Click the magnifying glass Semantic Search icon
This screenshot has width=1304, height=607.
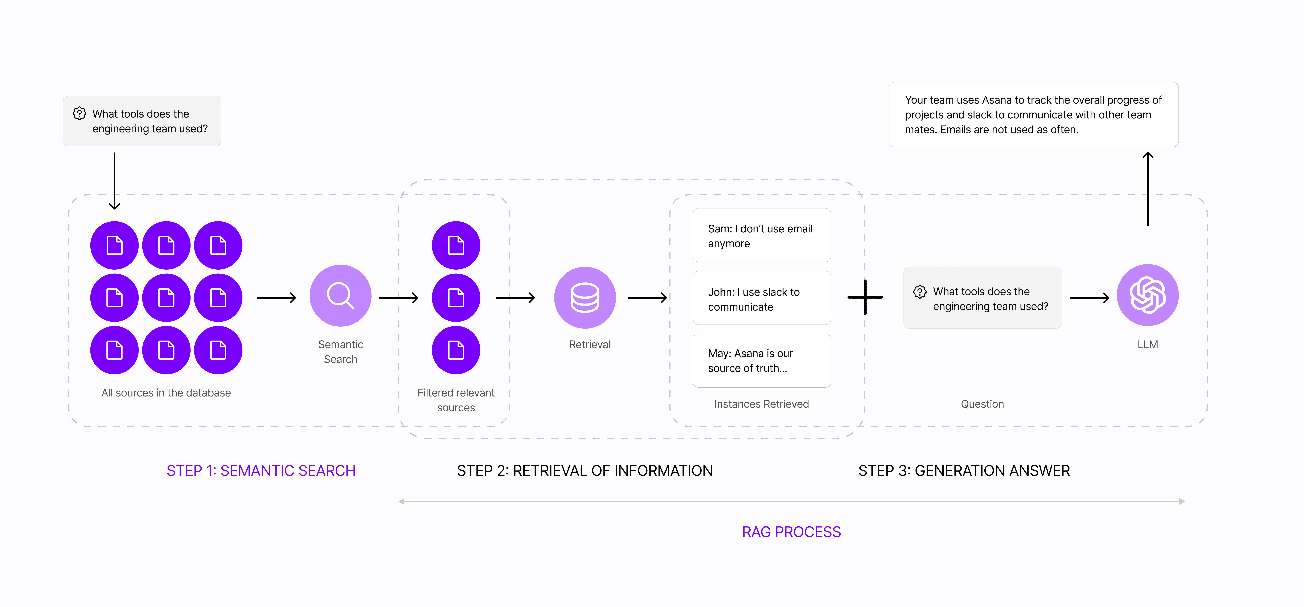point(340,296)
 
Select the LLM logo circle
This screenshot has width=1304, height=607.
point(1148,295)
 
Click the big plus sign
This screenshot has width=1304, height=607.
point(865,297)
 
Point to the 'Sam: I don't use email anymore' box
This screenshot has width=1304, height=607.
point(761,235)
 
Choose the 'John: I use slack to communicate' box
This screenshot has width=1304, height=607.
point(761,298)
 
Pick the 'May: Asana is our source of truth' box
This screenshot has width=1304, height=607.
point(761,360)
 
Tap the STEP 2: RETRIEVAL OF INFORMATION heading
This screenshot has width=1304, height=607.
point(585,471)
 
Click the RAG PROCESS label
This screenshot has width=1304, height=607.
point(791,532)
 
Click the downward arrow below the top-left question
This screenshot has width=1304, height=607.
point(114,181)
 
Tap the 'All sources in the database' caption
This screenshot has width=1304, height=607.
point(166,393)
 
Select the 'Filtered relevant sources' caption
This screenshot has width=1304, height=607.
point(456,400)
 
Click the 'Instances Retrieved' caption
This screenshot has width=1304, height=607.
point(761,404)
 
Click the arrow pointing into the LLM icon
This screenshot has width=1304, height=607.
point(1089,298)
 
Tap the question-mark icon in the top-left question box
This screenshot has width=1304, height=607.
point(79,113)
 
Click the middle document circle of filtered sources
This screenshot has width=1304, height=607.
point(456,298)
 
